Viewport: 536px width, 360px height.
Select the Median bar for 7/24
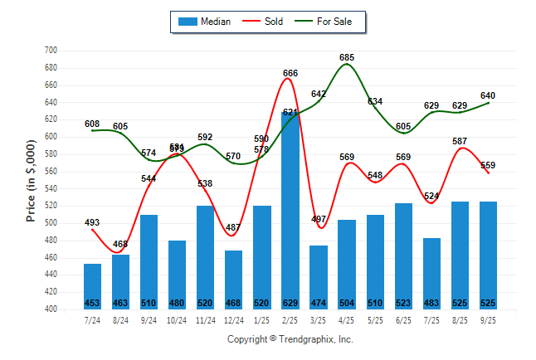tap(93, 286)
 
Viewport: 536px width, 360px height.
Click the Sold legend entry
tap(264, 22)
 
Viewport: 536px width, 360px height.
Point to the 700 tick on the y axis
tap(50, 51)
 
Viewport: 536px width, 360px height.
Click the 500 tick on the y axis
tap(50, 223)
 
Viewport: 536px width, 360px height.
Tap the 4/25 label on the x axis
tap(347, 319)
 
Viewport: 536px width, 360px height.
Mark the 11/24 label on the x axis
tap(206, 319)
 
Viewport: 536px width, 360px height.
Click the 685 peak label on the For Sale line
tap(347, 57)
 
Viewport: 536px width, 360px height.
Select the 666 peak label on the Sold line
tap(290, 74)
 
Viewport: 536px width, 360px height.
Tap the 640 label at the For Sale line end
tap(489, 95)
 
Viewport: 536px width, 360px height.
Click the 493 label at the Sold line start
tap(93, 222)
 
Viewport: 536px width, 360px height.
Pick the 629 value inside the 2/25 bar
tap(290, 302)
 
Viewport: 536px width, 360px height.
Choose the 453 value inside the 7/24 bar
tap(93, 302)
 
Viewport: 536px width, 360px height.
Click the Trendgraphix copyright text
tap(290, 339)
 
